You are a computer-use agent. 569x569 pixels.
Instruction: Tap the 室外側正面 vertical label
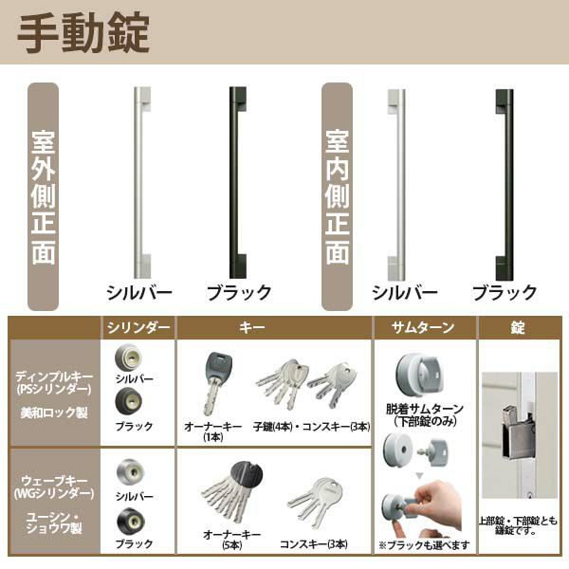pyautogui.click(x=44, y=197)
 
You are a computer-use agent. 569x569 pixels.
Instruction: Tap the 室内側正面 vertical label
pyautogui.click(x=338, y=197)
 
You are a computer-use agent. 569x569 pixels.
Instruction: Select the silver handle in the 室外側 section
pyautogui.click(x=140, y=181)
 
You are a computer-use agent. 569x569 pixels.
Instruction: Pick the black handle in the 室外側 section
pyautogui.click(x=237, y=181)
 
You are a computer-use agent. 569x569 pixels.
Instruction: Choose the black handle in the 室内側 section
pyautogui.click(x=504, y=181)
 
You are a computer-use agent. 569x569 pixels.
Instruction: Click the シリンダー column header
pyautogui.click(x=138, y=328)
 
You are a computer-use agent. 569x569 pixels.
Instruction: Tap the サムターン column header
pyautogui.click(x=423, y=328)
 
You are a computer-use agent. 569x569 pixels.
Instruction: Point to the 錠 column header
pyautogui.click(x=517, y=328)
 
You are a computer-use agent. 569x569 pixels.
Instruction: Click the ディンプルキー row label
pyautogui.click(x=54, y=374)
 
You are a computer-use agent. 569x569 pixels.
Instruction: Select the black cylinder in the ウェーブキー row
pyautogui.click(x=126, y=521)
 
